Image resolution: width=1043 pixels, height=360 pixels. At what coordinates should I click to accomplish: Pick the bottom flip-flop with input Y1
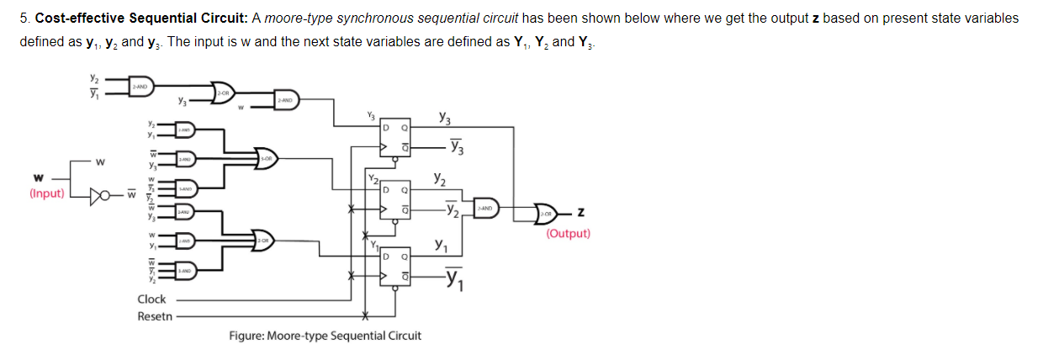395,266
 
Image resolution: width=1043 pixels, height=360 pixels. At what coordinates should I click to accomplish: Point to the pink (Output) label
568,234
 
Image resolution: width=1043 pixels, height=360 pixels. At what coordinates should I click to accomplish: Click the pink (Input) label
49,193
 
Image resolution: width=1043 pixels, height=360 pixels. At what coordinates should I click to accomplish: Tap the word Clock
151,299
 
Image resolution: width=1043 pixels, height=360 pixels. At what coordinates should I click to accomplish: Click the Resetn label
155,316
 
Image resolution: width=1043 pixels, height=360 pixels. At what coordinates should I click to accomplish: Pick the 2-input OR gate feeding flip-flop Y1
264,241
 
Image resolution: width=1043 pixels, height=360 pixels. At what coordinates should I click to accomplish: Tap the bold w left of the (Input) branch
37,177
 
